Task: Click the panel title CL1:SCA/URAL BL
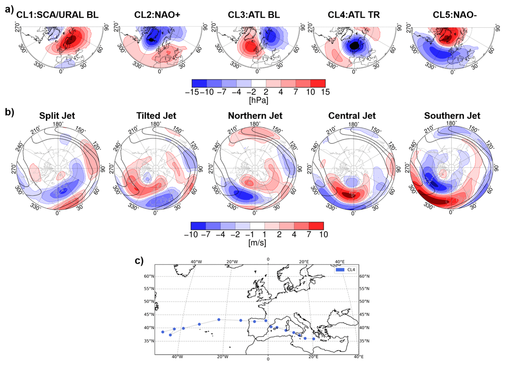[x=57, y=15]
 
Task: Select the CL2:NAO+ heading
[x=157, y=15]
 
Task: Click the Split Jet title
[x=57, y=116]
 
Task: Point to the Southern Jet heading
[x=452, y=116]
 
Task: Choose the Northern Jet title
[x=255, y=116]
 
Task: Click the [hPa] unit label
[x=258, y=100]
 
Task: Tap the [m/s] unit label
[x=257, y=243]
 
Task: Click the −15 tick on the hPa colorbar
[x=192, y=92]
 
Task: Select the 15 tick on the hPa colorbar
[x=325, y=92]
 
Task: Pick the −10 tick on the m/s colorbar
[x=191, y=234]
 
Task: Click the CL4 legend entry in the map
[x=346, y=270]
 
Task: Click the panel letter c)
[x=139, y=261]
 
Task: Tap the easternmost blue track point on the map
[x=314, y=339]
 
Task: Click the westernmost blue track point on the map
[x=163, y=332]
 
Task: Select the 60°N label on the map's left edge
[x=149, y=276]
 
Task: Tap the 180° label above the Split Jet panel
[x=57, y=124]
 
